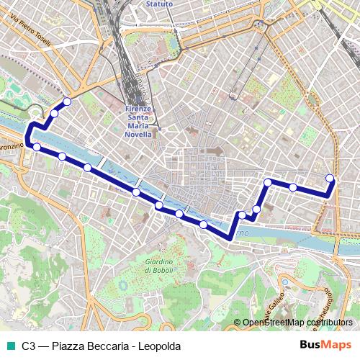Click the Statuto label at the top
[x=159, y=4]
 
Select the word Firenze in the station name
[x=140, y=109]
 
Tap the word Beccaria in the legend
[x=109, y=346]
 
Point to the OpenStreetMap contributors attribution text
[x=297, y=323]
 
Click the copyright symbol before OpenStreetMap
[x=237, y=323]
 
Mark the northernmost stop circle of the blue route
[x=67, y=102]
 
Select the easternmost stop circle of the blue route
[x=330, y=178]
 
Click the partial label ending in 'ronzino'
[x=11, y=146]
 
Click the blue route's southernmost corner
[x=229, y=238]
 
